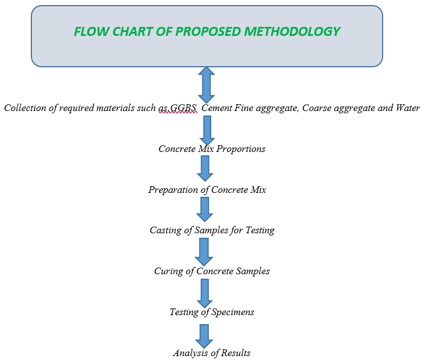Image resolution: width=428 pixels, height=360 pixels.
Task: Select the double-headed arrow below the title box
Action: point(206,85)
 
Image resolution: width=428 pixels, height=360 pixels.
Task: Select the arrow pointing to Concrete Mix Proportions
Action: point(207,130)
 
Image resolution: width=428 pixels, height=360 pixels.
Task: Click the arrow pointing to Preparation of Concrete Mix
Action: point(205,168)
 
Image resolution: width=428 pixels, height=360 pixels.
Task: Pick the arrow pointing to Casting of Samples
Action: point(204,209)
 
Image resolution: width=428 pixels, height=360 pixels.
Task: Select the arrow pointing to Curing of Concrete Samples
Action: point(204,252)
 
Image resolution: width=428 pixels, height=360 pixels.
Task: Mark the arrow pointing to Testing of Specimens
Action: point(204,293)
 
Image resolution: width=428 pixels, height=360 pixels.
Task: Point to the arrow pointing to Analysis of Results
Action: point(204,336)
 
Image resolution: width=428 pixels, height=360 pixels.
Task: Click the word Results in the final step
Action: point(235,353)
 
